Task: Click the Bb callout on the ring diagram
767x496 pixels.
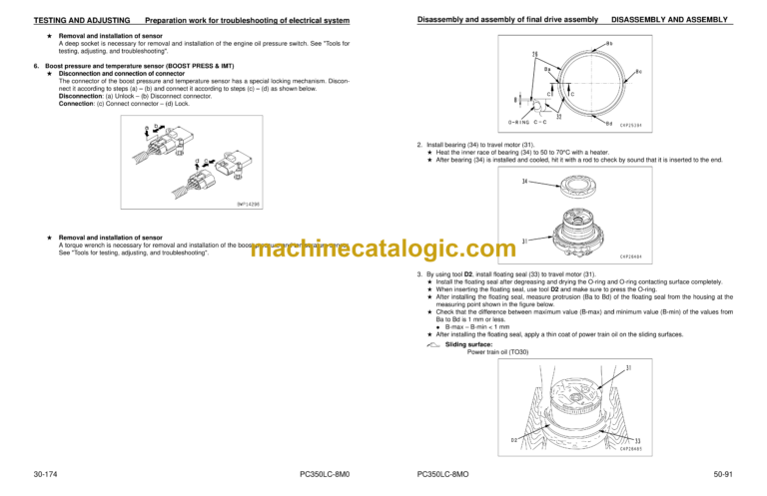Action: coord(609,44)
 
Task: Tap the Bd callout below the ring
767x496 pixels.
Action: coord(608,124)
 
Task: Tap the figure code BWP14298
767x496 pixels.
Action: coord(251,204)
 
